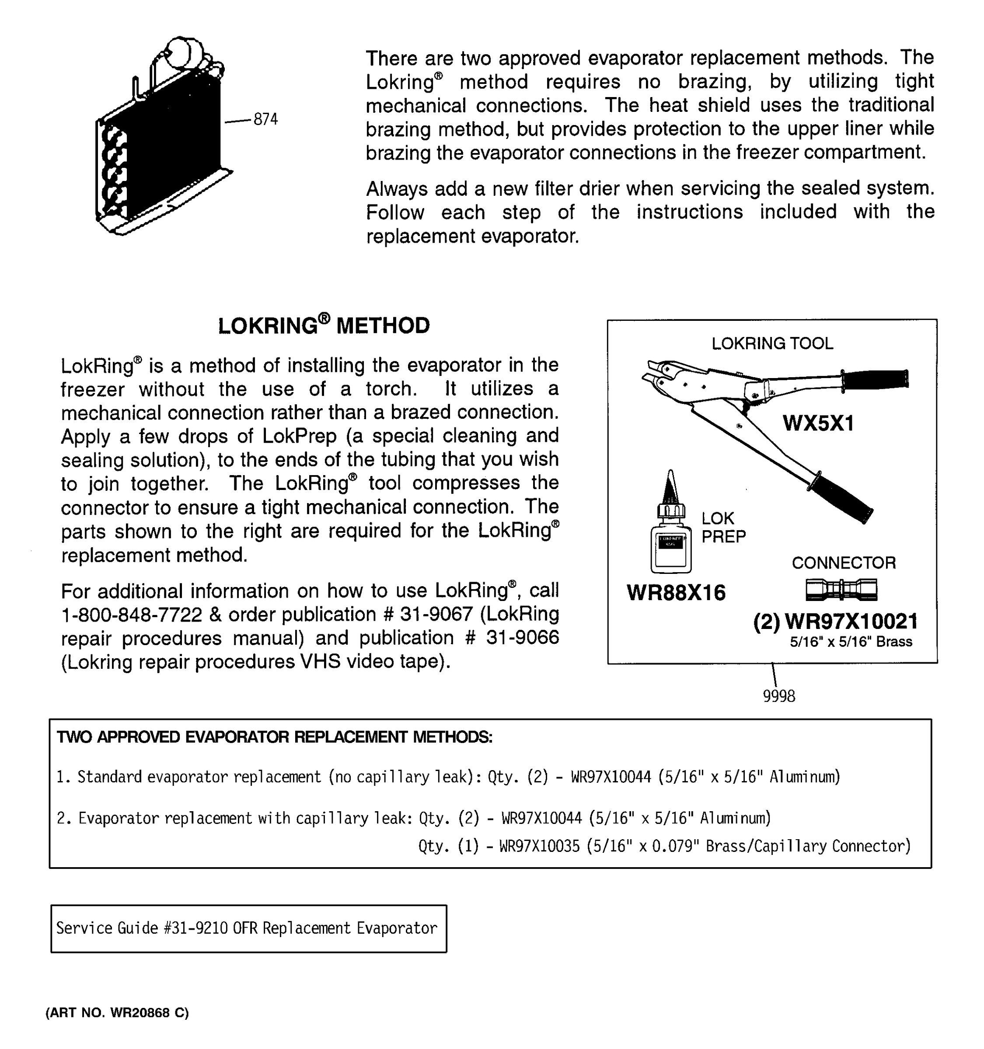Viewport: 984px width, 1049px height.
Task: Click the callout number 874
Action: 265,120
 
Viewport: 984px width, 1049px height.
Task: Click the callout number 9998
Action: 778,697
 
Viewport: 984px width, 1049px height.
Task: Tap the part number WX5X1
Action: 818,423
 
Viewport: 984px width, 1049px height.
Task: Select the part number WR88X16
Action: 676,593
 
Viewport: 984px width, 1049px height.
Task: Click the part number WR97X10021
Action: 851,622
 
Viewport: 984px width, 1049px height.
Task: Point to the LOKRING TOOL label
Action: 772,344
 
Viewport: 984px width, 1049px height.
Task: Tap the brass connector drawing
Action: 841,590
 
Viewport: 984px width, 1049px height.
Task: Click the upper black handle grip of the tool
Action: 875,380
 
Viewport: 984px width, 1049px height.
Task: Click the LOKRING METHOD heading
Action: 324,326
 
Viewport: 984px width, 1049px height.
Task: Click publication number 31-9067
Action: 436,614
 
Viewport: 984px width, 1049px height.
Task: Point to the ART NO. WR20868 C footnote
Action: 117,1013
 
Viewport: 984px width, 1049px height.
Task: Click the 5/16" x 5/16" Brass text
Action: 851,642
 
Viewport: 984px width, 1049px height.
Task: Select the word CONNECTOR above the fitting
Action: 843,563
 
